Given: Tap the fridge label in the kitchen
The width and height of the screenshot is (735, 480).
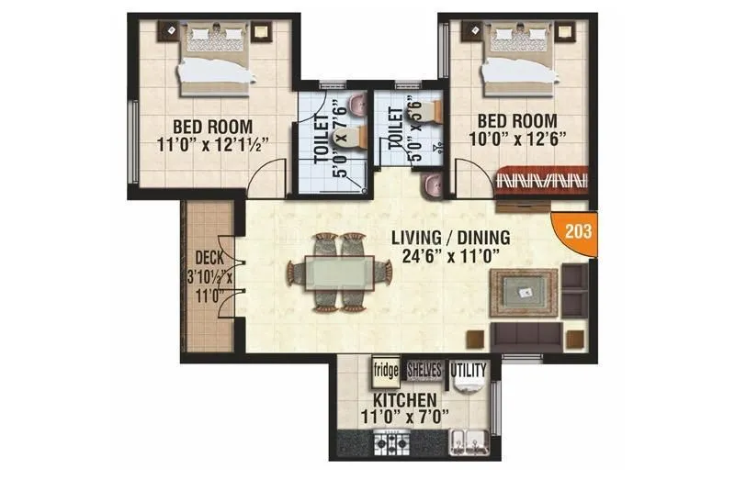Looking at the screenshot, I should point(384,372).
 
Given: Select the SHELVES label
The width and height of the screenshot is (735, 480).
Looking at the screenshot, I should point(424,370).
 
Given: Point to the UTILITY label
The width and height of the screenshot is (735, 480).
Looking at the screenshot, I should point(469,371).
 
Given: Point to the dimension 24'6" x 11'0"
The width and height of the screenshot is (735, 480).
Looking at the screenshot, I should point(450,256).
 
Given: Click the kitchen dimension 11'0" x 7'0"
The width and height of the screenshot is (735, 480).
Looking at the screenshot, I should point(405,418).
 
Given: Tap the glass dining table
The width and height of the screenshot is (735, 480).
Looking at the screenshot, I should point(331,273).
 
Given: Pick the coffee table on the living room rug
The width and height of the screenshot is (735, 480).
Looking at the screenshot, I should point(526,293).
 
